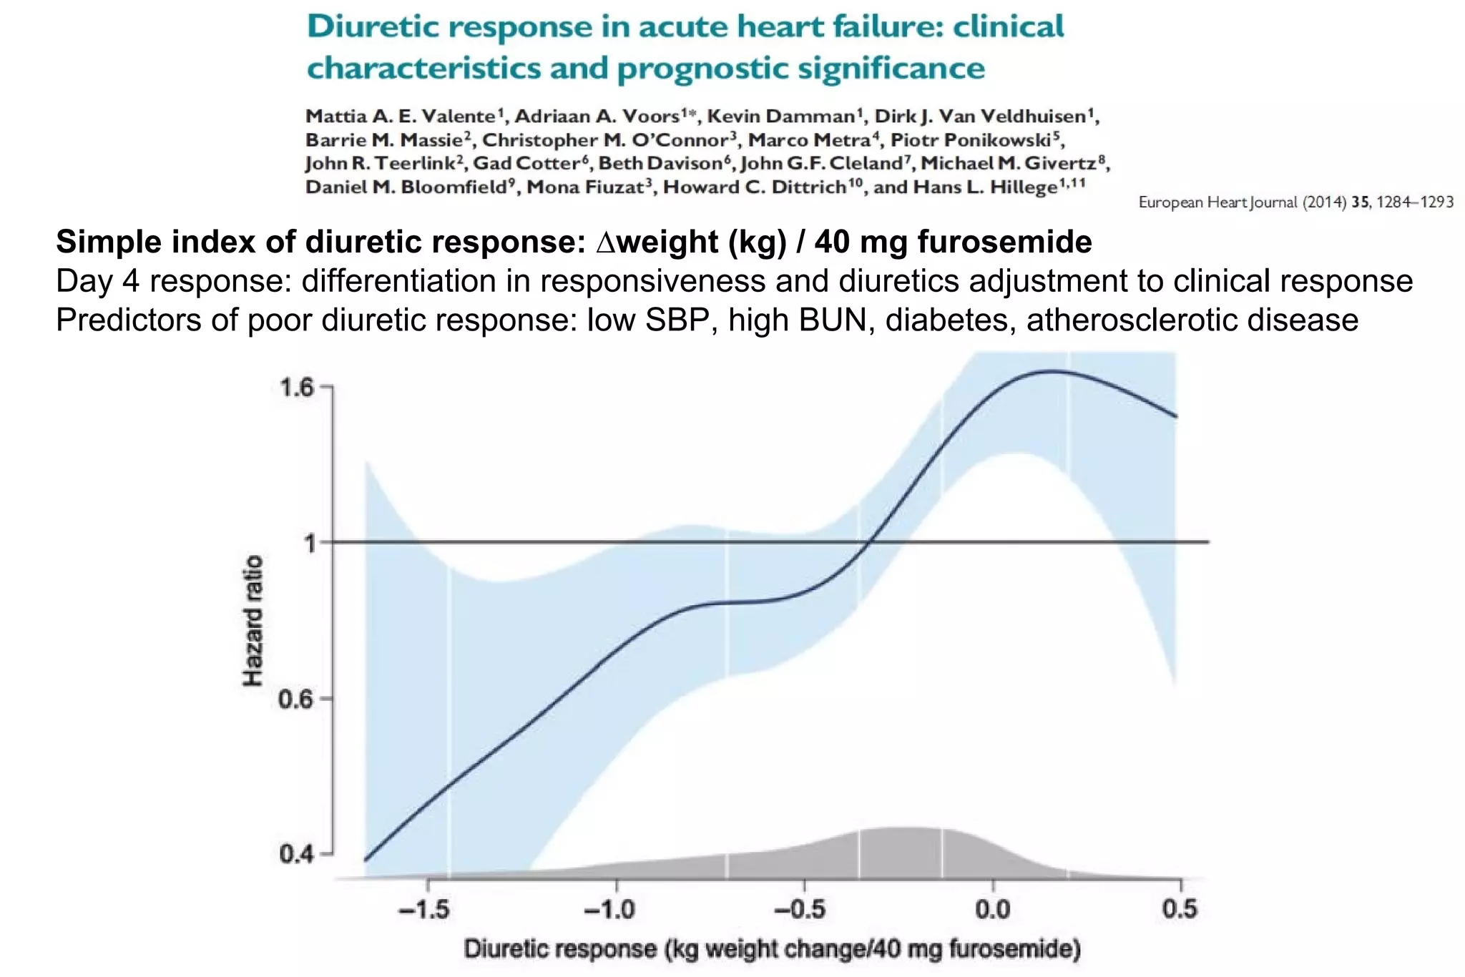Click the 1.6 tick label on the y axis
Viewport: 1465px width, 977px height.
(297, 388)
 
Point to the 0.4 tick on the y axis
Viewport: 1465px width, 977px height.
(297, 854)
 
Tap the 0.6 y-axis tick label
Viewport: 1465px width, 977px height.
(297, 699)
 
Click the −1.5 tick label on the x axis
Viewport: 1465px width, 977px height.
(424, 910)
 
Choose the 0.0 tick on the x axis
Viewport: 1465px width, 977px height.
(993, 910)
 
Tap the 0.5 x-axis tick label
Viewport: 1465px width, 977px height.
(1180, 909)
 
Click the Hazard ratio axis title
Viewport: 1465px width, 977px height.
(253, 621)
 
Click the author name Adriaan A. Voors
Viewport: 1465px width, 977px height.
(597, 116)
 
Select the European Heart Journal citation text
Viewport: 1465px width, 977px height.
(1295, 202)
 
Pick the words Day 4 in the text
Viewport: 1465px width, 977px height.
(97, 281)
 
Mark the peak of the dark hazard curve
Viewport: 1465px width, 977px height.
(1052, 370)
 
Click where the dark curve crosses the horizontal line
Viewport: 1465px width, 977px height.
(866, 543)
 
